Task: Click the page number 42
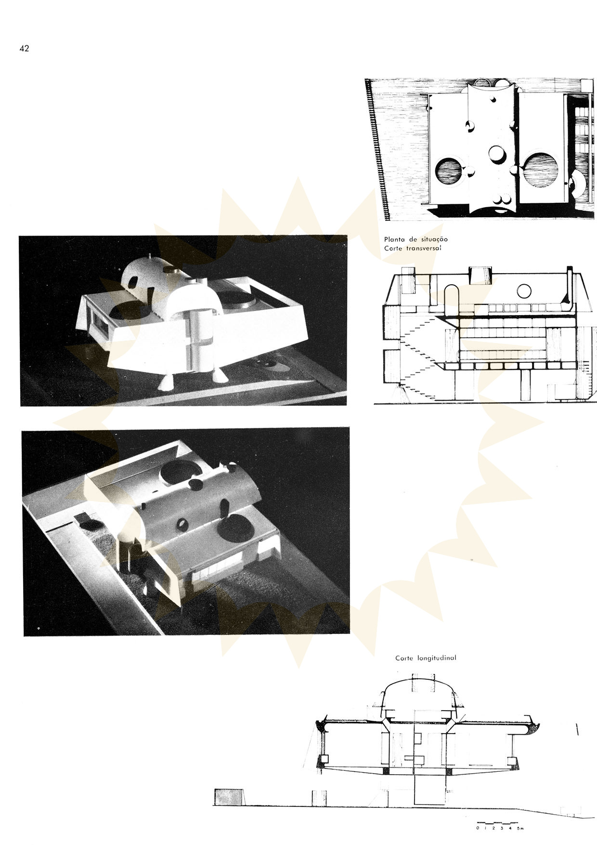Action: pyautogui.click(x=24, y=49)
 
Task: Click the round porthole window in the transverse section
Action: pyautogui.click(x=523, y=290)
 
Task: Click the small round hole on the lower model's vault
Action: pyautogui.click(x=183, y=524)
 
